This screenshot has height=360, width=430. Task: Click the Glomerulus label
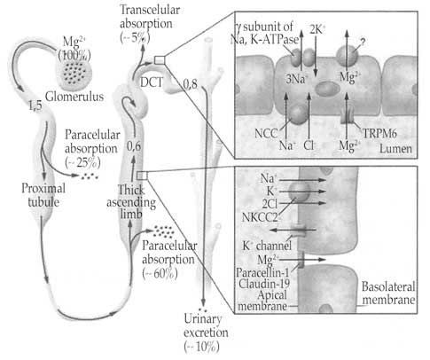[74, 97]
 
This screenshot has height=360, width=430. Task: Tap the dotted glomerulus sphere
[74, 73]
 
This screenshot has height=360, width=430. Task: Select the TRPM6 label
[379, 134]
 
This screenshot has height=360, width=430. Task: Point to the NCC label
[266, 133]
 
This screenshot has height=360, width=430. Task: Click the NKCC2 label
[260, 217]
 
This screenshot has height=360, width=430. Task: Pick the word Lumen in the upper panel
[395, 148]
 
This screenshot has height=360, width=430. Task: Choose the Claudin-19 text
[264, 284]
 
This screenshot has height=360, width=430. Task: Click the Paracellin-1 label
[262, 272]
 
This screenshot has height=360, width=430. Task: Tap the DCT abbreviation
[152, 82]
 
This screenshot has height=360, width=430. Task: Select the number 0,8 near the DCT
[190, 84]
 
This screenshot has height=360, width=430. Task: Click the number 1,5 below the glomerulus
[35, 106]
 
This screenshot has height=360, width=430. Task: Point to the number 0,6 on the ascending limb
[134, 146]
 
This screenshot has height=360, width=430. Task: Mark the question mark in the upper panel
[363, 43]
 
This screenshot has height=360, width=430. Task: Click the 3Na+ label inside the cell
[297, 79]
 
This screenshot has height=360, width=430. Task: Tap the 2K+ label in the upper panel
[317, 29]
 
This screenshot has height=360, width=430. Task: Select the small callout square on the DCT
[160, 60]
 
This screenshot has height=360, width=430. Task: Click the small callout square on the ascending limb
[142, 176]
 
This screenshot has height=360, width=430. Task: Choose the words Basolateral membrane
[388, 293]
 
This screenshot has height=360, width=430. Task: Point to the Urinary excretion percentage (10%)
[201, 347]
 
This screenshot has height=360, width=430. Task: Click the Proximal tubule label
[43, 195]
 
